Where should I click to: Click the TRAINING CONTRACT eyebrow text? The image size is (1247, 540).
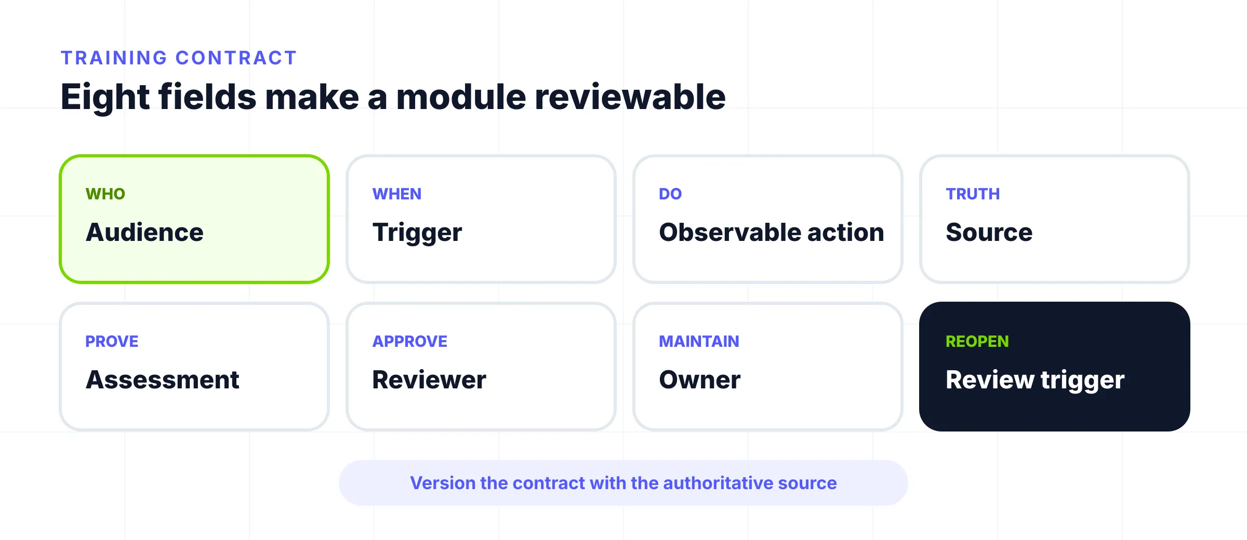click(179, 58)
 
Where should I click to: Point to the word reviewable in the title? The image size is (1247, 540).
click(630, 97)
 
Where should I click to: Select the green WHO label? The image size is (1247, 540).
click(105, 194)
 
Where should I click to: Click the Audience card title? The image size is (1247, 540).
click(145, 232)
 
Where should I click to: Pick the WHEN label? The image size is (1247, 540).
click(397, 194)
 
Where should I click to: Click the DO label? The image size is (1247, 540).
click(670, 194)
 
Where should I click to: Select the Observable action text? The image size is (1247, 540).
click(772, 232)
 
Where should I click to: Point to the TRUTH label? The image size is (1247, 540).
click(973, 194)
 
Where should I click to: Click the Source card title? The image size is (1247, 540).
click(989, 232)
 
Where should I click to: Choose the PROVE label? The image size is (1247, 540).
click(112, 341)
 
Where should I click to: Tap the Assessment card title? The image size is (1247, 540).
click(163, 380)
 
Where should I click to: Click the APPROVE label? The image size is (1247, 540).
click(410, 341)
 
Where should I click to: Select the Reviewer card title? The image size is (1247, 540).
click(429, 380)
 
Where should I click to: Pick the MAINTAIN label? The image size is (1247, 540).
click(699, 341)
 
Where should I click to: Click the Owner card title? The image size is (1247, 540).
click(700, 380)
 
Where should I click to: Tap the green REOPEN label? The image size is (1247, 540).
click(977, 341)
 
